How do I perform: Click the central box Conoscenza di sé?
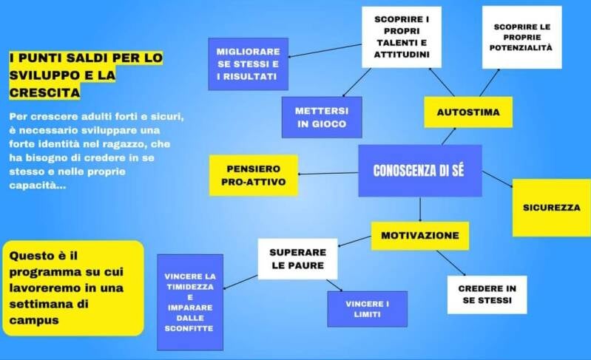pyautogui.click(x=419, y=171)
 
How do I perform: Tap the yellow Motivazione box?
pyautogui.click(x=419, y=235)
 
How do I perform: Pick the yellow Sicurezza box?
pyautogui.click(x=551, y=207)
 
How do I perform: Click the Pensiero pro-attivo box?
pyautogui.click(x=254, y=175)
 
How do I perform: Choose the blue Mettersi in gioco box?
pyautogui.click(x=321, y=118)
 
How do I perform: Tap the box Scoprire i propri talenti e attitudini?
pyautogui.click(x=401, y=37)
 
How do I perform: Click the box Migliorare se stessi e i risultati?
pyautogui.click(x=248, y=64)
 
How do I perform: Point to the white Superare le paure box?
pyautogui.click(x=297, y=258)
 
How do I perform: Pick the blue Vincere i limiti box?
pyautogui.click(x=367, y=309)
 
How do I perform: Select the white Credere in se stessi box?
pyautogui.click(x=487, y=294)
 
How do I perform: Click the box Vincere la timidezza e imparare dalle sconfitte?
pyautogui.click(x=190, y=302)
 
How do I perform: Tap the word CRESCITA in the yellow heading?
pyautogui.click(x=45, y=93)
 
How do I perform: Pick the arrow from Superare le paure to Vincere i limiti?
pyautogui.click(x=334, y=286)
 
